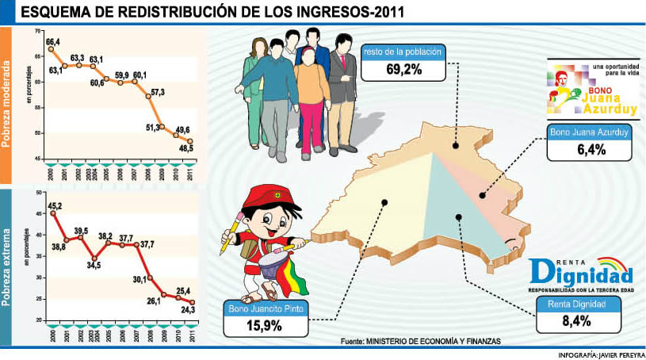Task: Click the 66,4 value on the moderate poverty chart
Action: coord(53,41)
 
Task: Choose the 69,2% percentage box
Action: coord(403,69)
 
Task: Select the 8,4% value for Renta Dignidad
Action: coord(577,320)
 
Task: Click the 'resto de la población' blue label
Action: coord(402,52)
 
